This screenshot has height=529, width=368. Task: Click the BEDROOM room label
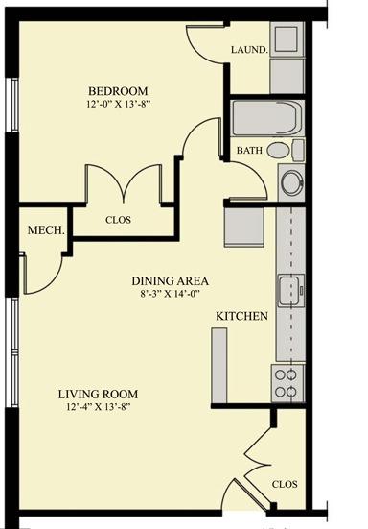[x=118, y=91]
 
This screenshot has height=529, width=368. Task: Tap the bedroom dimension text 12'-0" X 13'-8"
[x=118, y=104]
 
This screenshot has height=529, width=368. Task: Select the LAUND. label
[x=249, y=50]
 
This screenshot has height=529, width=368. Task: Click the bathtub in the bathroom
[x=266, y=118]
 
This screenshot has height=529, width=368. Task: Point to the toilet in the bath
[x=286, y=150]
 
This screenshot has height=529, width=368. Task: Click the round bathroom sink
[x=291, y=182]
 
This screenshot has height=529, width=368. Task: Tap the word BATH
[x=249, y=150]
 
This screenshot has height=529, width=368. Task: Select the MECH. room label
[x=46, y=230]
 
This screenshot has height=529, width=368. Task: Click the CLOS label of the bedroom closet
[x=118, y=220]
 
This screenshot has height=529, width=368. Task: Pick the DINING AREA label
[x=170, y=281]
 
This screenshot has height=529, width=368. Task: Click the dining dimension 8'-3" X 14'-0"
[x=170, y=294]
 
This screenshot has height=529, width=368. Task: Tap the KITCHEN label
[x=241, y=316]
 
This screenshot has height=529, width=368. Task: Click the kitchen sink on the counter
[x=290, y=291]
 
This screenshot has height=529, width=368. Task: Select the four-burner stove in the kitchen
[x=287, y=384]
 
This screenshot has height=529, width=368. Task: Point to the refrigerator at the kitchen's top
[x=244, y=227]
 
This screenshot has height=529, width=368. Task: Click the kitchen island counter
[x=219, y=366]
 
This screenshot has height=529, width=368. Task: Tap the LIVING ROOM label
[x=98, y=394]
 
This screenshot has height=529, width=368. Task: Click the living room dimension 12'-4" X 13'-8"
[x=99, y=407]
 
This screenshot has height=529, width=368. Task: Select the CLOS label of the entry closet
[x=285, y=484]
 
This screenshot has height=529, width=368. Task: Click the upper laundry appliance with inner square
[x=287, y=39]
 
